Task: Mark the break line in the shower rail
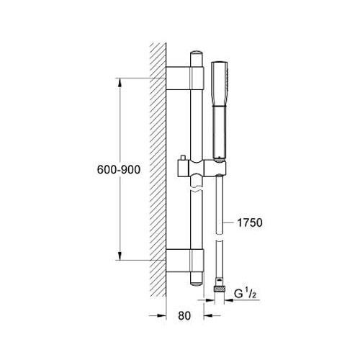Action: [x=198, y=189]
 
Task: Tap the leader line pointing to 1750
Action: [x=230, y=224]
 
